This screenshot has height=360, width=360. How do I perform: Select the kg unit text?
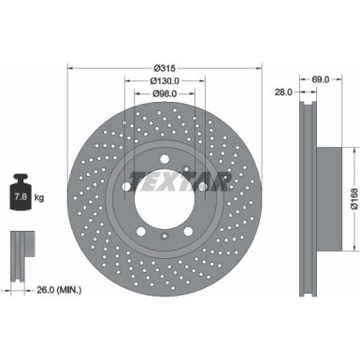[x=38, y=198]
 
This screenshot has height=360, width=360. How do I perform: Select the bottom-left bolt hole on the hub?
[x=139, y=233]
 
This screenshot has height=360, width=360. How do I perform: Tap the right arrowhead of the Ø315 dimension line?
[x=260, y=69]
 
